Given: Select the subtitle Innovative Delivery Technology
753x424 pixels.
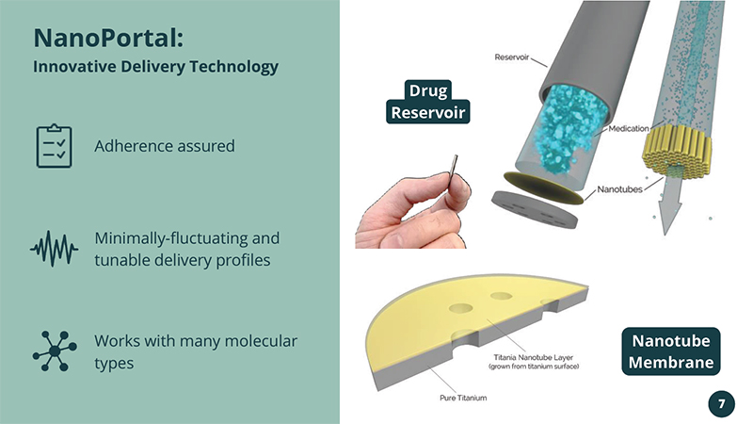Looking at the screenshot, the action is (155, 66).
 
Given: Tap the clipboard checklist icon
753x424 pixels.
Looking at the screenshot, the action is (55, 146).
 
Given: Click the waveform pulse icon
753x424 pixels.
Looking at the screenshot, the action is (54, 249).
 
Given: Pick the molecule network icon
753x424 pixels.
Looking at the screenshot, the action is (55, 351).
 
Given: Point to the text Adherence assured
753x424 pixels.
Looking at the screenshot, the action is (165, 146).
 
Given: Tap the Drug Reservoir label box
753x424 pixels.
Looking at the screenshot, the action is (428, 102).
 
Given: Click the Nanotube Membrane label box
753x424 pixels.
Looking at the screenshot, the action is (671, 351).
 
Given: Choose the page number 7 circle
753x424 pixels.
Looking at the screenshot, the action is (721, 404).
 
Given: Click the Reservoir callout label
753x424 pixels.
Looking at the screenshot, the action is (511, 57).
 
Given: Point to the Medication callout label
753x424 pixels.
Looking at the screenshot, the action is (629, 128).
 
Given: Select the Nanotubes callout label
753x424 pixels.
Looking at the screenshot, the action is (619, 189).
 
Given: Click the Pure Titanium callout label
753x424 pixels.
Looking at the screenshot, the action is (463, 398).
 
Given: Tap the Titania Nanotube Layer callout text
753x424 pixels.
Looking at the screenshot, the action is (534, 362).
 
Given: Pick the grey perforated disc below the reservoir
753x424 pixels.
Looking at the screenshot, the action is (535, 209).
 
